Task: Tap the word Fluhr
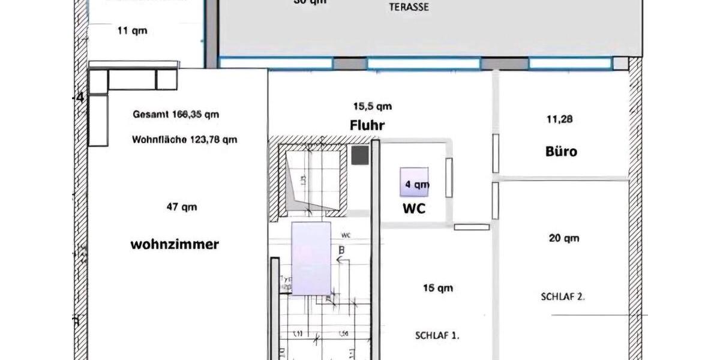pos(367,126)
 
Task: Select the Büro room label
pos(562,151)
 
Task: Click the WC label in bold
pos(413,209)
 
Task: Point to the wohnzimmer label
pos(175,245)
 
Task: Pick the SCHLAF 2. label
pos(563,296)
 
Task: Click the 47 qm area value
pos(181,208)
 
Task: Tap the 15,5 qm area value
pos(372,107)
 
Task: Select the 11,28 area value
pos(560,119)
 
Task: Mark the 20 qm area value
pos(564,239)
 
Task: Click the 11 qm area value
pos(131,31)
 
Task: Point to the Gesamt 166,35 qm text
pos(176,113)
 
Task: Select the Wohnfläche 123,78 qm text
pos(184,140)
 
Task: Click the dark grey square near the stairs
pos(359,156)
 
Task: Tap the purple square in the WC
pos(415,182)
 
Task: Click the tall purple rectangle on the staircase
pos(311,259)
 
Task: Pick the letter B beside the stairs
pos(341,250)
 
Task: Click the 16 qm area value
pos(437,289)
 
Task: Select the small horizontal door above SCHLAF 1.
pos(472,227)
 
